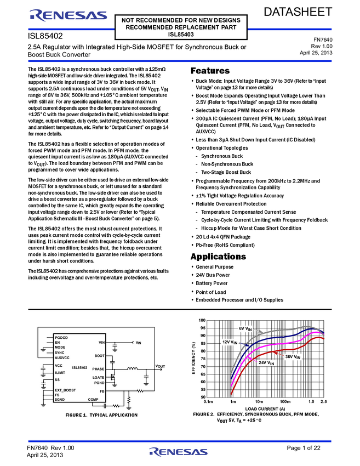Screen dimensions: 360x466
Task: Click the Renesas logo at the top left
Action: click(68, 16)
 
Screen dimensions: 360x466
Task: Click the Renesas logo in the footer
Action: click(179, 452)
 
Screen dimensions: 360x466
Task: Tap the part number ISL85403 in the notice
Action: click(181, 34)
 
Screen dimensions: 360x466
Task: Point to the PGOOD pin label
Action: click(61, 337)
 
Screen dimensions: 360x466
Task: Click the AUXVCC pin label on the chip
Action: click(62, 357)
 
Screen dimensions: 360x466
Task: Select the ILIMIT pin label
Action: click(61, 372)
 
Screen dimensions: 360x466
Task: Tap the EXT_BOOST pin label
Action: click(65, 390)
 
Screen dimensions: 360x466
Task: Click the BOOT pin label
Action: click(99, 356)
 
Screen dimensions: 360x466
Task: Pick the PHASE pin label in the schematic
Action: click(98, 369)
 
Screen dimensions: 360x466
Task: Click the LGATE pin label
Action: click(98, 377)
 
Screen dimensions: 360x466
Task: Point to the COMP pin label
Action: click(93, 399)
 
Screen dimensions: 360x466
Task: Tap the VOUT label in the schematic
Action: click(160, 366)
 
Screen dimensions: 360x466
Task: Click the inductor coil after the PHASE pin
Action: click(132, 369)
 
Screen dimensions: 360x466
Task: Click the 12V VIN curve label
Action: click(230, 342)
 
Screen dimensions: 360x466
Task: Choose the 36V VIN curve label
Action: click(293, 357)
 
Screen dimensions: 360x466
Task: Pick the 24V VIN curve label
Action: click(267, 363)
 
